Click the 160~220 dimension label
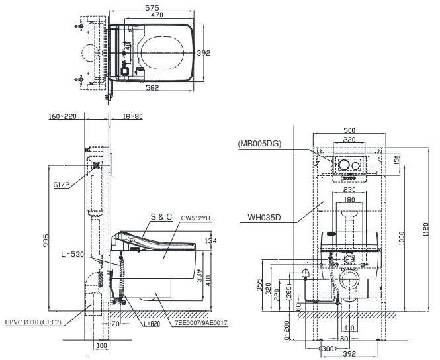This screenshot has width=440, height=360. pyautogui.click(x=62, y=118)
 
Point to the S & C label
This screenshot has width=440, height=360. pyautogui.click(x=161, y=216)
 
